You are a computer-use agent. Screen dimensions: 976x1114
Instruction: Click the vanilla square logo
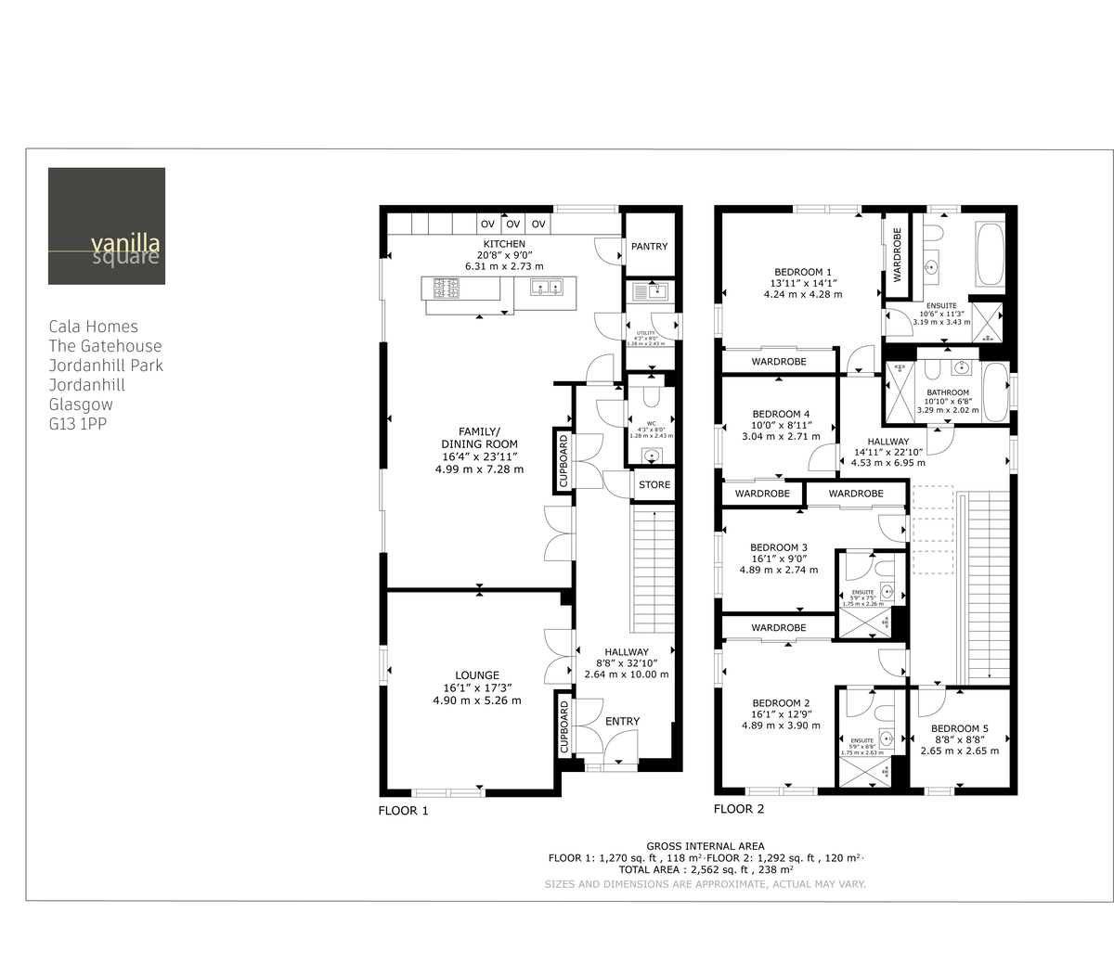coord(107,226)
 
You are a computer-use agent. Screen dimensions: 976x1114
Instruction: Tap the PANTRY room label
coord(649,247)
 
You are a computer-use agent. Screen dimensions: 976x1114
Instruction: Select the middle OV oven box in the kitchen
coord(512,225)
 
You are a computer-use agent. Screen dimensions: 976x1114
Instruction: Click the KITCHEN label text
coord(503,244)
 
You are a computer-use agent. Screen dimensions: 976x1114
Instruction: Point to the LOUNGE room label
coord(477,675)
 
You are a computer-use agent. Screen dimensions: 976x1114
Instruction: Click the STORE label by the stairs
coord(654,485)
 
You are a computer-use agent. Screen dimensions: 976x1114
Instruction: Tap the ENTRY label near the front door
coord(622,722)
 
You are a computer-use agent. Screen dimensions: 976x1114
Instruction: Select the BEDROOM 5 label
coord(959,728)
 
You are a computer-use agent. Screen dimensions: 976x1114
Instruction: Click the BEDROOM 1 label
coord(803,272)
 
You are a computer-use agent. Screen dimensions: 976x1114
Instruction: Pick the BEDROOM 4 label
coord(781,414)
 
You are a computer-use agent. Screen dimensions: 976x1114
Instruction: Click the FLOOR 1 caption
coord(403,811)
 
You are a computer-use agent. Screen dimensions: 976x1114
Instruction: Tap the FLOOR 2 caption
coord(739,809)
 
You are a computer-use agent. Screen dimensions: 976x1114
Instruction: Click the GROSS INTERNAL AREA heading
coord(706,846)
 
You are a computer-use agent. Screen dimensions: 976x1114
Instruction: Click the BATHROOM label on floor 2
coord(947,393)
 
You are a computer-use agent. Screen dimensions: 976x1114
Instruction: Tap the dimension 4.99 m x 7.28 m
coord(479,469)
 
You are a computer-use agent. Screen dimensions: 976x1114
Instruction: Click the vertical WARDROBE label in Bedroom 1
coord(897,254)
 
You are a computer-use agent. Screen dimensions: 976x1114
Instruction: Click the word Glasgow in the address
coord(81,405)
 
